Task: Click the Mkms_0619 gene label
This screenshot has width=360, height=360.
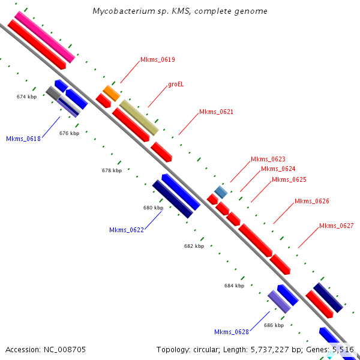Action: pyautogui.click(x=158, y=59)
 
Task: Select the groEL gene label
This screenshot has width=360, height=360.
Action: pyautogui.click(x=176, y=84)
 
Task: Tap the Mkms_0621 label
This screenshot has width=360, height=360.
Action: pyautogui.click(x=216, y=112)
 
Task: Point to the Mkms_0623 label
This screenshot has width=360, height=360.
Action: pyautogui.click(x=268, y=159)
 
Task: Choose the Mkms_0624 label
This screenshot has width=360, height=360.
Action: pyautogui.click(x=278, y=169)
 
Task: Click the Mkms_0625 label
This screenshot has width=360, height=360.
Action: pyautogui.click(x=289, y=179)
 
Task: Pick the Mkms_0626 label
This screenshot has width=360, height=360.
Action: pyautogui.click(x=311, y=201)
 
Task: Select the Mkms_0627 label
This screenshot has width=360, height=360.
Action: pyautogui.click(x=336, y=226)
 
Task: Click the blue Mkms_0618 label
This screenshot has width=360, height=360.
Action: pyautogui.click(x=23, y=139)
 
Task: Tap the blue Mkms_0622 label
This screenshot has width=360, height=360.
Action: pyautogui.click(x=127, y=230)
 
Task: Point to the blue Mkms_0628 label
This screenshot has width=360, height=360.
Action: pyautogui.click(x=232, y=332)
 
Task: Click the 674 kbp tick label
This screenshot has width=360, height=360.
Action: pyautogui.click(x=27, y=97)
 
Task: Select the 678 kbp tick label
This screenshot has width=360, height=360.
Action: pyautogui.click(x=112, y=170)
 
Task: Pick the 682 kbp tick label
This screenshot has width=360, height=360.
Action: pyautogui.click(x=194, y=246)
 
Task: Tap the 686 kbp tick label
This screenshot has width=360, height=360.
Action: pyautogui.click(x=274, y=325)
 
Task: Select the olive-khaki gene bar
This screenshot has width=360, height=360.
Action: pyautogui.click(x=139, y=117)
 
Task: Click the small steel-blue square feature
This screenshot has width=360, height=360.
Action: pyautogui.click(x=221, y=192)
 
